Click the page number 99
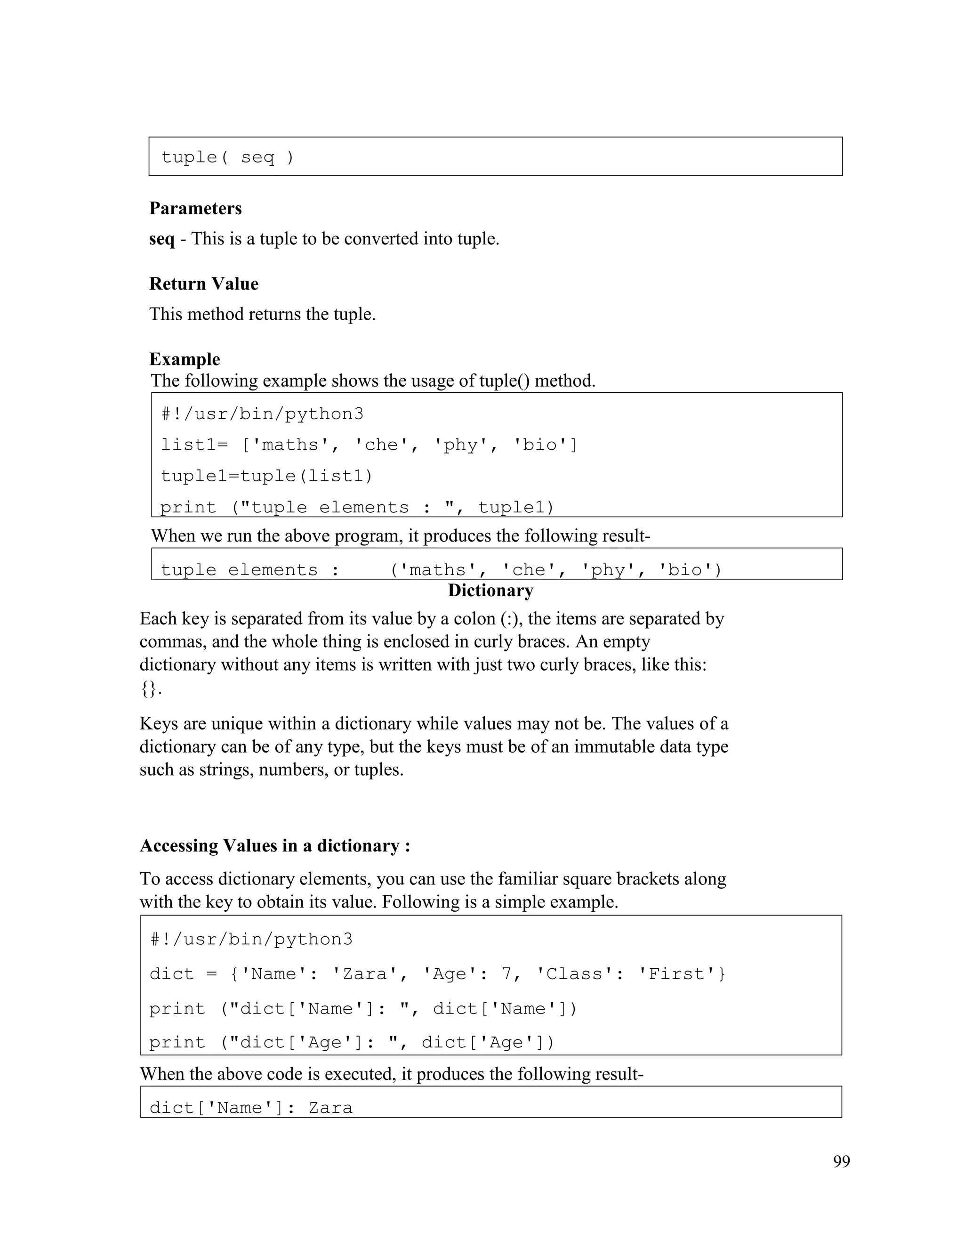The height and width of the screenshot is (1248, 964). pyautogui.click(x=841, y=1162)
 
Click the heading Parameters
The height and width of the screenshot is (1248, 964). pyautogui.click(x=195, y=209)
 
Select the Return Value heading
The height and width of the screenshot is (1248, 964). pyautogui.click(x=203, y=284)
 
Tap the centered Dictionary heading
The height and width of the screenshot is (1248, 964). pyautogui.click(x=490, y=590)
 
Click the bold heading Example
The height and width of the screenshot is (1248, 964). pyautogui.click(x=185, y=359)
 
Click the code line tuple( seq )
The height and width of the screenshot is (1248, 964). pyautogui.click(x=227, y=157)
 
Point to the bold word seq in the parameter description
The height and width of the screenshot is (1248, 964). pyautogui.click(x=161, y=239)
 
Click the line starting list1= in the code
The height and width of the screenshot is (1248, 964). pyautogui.click(x=369, y=445)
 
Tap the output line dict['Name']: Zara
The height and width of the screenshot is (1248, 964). pyautogui.click(x=251, y=1108)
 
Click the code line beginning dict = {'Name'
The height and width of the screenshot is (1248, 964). pyautogui.click(x=437, y=974)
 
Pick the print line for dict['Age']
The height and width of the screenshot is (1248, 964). pyautogui.click(x=351, y=1043)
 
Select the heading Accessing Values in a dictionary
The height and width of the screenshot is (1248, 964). pyautogui.click(x=275, y=846)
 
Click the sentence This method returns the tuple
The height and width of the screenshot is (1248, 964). pyautogui.click(x=262, y=314)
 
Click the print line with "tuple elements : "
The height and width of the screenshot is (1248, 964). pyautogui.click(x=357, y=507)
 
